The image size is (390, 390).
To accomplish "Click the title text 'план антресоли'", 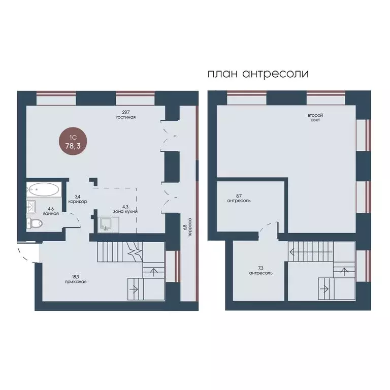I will tap(258, 73).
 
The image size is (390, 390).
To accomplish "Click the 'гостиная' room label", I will tap(126, 117).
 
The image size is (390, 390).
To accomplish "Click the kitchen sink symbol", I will tap(108, 223).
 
